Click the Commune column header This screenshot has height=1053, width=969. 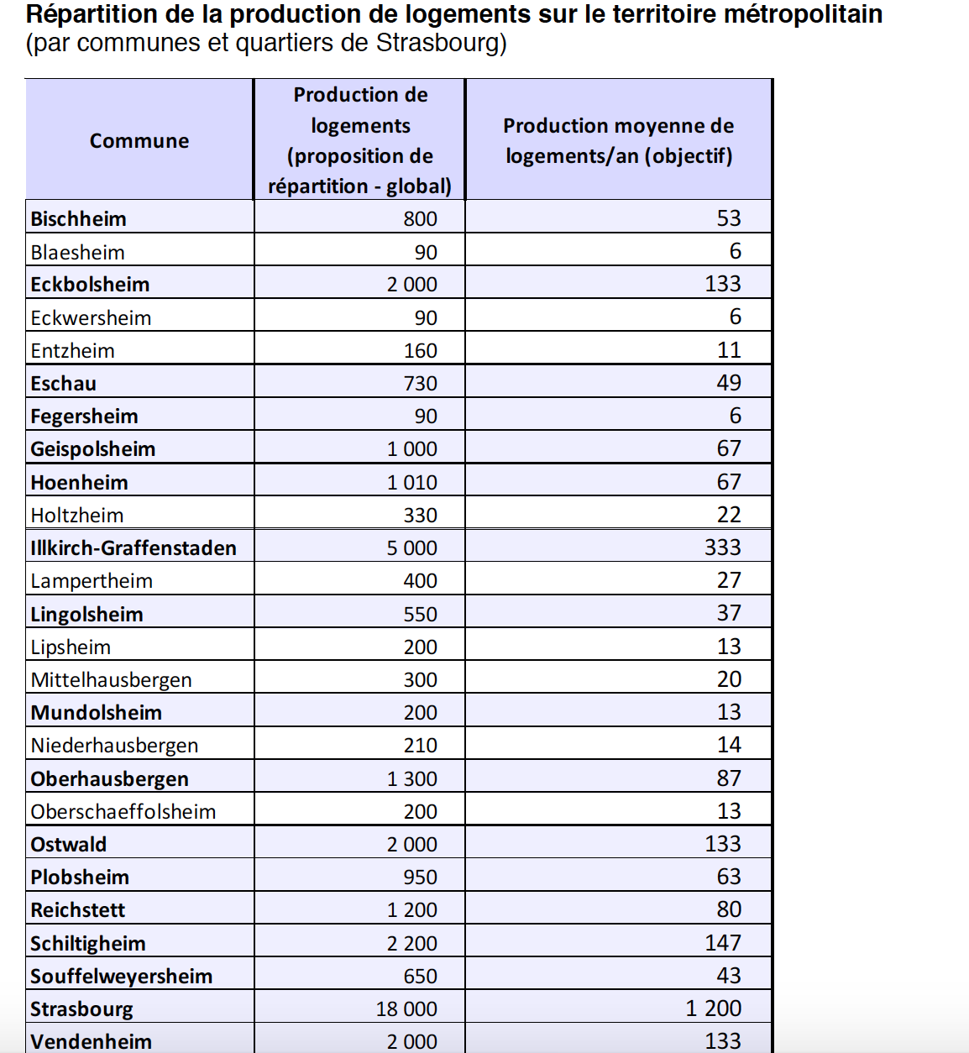click(139, 141)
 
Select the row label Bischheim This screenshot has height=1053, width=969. click(78, 219)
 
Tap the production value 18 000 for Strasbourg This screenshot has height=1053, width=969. click(406, 1008)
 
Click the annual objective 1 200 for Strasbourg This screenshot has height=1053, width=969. click(713, 1008)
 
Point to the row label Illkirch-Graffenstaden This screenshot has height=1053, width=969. click(134, 548)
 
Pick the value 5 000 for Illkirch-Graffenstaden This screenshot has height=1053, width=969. click(411, 548)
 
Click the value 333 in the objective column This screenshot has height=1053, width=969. click(722, 547)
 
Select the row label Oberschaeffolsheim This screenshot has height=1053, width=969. click(123, 812)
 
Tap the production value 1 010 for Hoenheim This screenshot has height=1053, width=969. click(411, 483)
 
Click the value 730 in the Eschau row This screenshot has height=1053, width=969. click(420, 384)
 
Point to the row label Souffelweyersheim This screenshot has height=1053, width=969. click(121, 977)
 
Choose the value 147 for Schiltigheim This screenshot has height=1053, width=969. click(722, 942)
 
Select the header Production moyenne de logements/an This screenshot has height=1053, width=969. click(618, 141)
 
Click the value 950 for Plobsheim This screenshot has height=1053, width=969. click(420, 877)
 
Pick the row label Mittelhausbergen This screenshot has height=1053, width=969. click(111, 680)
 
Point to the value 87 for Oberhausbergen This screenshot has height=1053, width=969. click(728, 778)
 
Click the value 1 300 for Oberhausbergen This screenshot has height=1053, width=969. click(411, 779)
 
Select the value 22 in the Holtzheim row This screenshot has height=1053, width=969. click(728, 515)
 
